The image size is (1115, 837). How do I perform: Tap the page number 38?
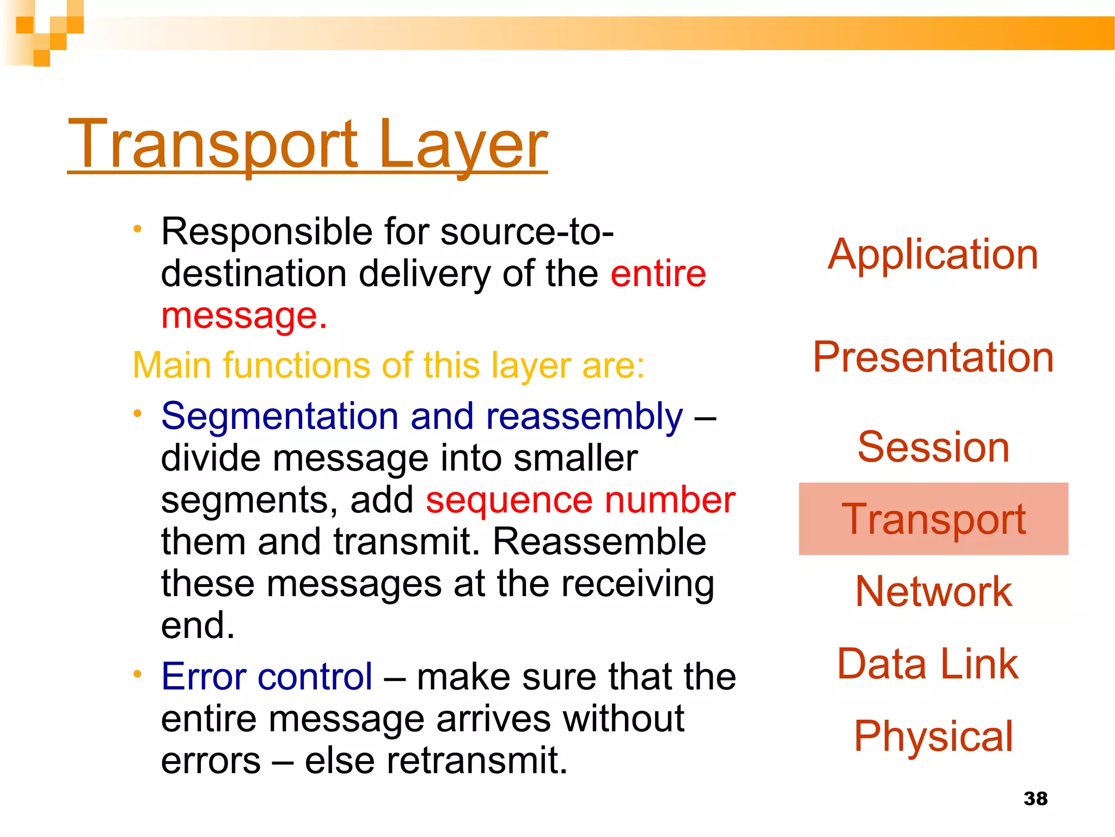pos(1035,798)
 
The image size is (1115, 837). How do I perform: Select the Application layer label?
pos(933,254)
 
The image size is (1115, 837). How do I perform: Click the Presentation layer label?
pos(933,357)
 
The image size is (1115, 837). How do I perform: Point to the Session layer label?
pos(933,447)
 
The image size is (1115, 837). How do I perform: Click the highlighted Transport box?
pos(933,519)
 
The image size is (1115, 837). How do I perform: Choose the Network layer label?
pos(933,592)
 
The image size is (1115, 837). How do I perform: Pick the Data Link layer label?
pos(928,664)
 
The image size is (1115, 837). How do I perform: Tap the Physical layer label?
pos(933,736)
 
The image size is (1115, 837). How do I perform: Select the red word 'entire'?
pos(658,274)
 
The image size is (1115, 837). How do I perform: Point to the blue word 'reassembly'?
pos(584,416)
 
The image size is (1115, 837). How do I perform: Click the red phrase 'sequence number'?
pos(580,500)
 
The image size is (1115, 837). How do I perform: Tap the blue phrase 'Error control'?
pos(267,677)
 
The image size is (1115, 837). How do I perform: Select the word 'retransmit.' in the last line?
pos(477,761)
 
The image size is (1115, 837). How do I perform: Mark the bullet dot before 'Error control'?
pos(138,675)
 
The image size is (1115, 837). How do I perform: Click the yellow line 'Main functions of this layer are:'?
pos(388,365)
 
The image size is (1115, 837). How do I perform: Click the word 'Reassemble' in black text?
pos(599,542)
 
